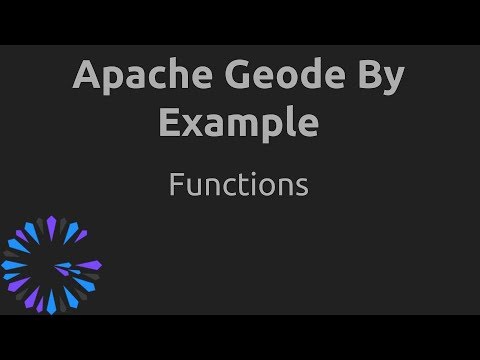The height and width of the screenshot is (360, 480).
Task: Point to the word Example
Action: coord(240,124)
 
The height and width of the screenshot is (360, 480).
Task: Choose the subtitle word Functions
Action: coord(238,185)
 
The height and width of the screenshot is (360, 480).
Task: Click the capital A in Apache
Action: coord(87,76)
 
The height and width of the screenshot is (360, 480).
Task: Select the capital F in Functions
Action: coord(177,185)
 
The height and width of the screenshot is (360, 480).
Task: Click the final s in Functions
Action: coord(300,187)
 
